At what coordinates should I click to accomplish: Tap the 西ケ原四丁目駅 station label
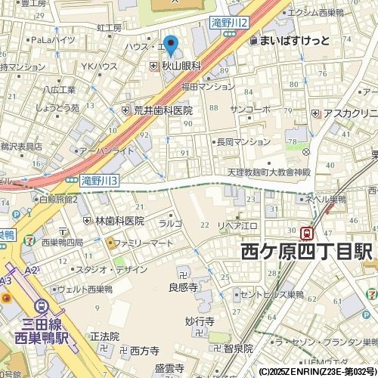[x=306, y=253]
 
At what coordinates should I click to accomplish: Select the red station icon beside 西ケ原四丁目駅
[x=308, y=233]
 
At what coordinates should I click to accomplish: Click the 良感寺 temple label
[x=183, y=287]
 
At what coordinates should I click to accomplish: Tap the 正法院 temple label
[x=104, y=336]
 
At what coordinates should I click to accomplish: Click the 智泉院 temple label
[x=237, y=349]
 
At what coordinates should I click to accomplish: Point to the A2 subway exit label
[x=30, y=270]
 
